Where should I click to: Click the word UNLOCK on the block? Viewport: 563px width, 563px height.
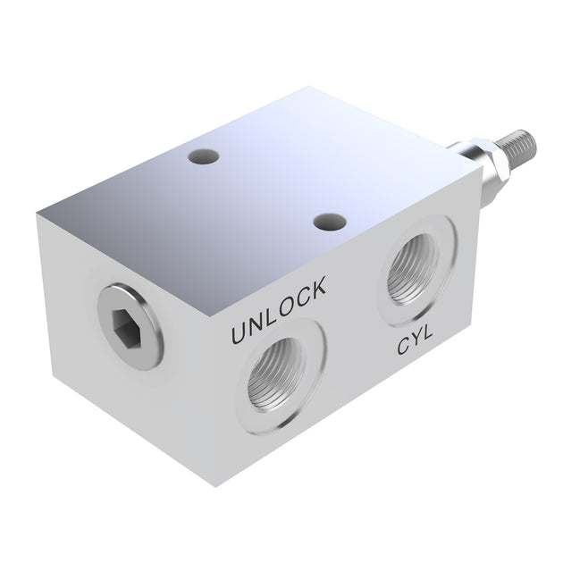(278, 312)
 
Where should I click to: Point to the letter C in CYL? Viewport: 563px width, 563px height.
(403, 349)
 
